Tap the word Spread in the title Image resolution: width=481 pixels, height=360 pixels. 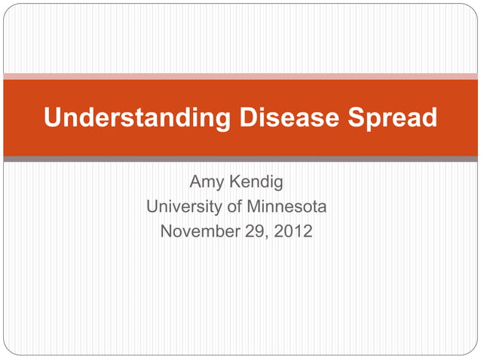pyautogui.click(x=392, y=118)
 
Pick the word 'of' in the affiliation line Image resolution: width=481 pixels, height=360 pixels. pyautogui.click(x=228, y=206)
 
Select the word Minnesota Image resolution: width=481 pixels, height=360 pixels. pyautogui.click(x=283, y=206)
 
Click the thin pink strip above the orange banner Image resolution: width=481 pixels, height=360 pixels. pyautogui.click(x=240, y=76)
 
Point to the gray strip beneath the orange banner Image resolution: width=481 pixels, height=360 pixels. pyautogui.click(x=240, y=159)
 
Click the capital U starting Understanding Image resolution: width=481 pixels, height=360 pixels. pyautogui.click(x=53, y=118)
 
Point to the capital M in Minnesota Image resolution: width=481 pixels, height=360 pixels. pyautogui.click(x=247, y=206)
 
